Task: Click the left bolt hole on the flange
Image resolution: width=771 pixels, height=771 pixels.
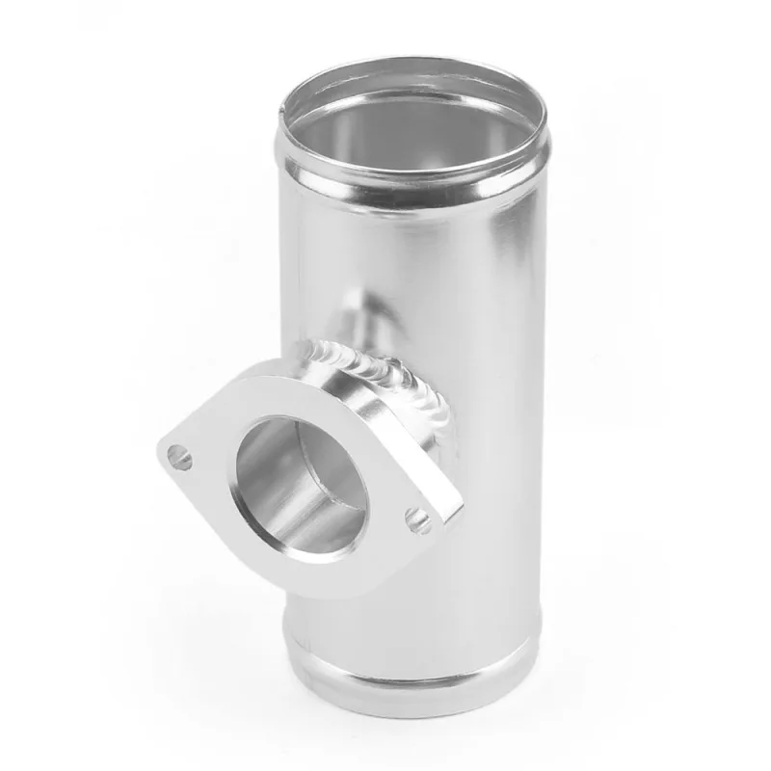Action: pyautogui.click(x=178, y=456)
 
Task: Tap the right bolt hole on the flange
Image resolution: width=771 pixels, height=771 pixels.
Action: pyautogui.click(x=417, y=521)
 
